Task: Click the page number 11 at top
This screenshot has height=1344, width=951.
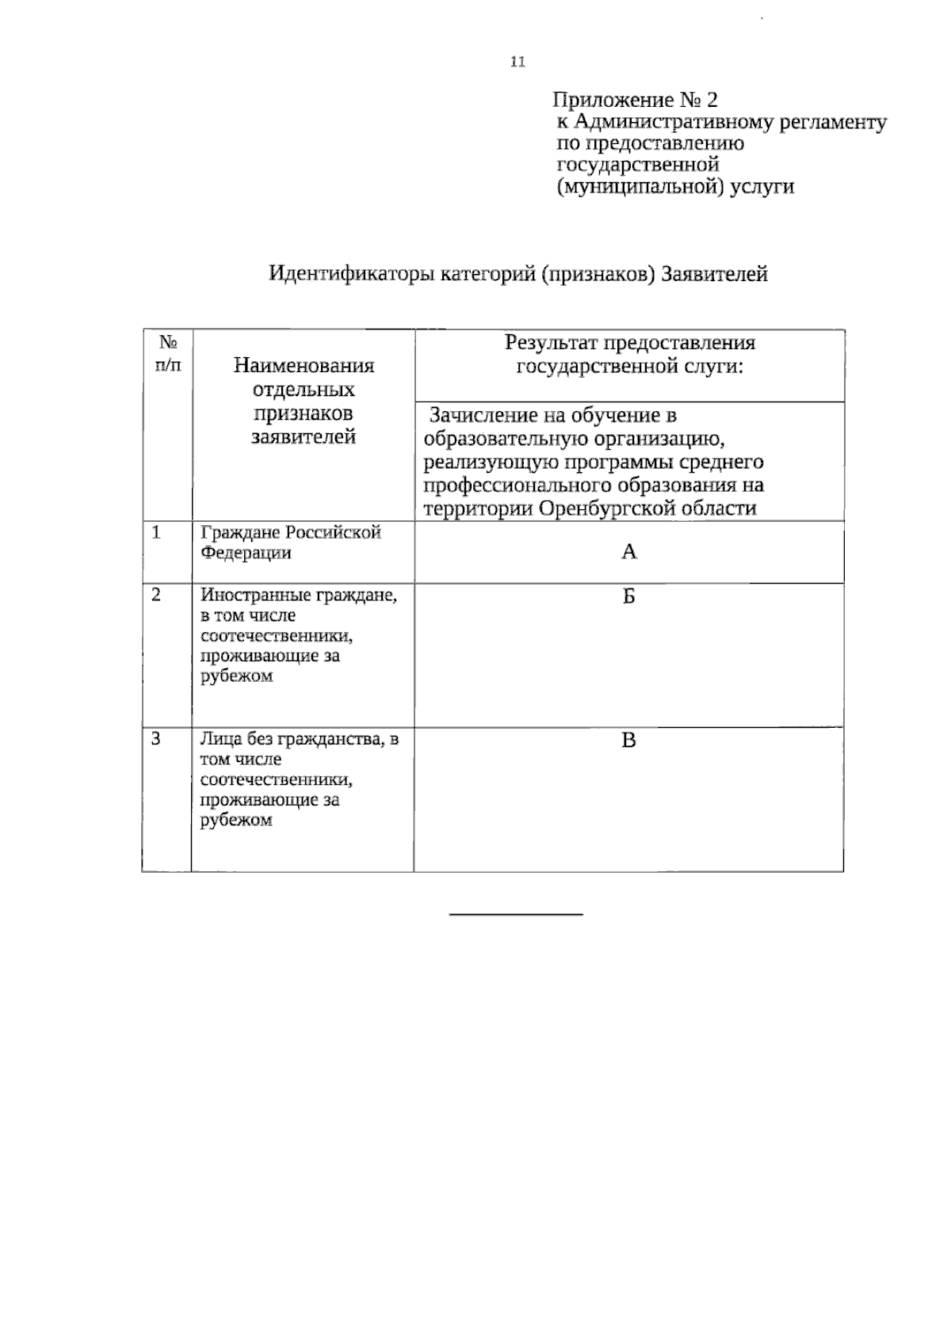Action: [x=518, y=62]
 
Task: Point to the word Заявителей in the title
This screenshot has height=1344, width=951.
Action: [x=714, y=274]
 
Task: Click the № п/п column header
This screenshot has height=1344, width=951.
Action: [x=168, y=353]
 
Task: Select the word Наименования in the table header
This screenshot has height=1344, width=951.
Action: [x=304, y=366]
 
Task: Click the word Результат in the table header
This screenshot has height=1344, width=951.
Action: [x=552, y=343]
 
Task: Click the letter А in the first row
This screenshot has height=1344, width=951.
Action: [x=628, y=552]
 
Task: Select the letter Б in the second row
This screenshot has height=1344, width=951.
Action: [x=628, y=596]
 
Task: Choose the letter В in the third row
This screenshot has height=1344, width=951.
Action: [x=628, y=741]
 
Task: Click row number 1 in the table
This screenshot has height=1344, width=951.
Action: [x=156, y=532]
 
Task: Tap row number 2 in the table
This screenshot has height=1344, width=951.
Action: [x=156, y=595]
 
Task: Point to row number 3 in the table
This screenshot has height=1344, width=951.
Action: [x=156, y=739]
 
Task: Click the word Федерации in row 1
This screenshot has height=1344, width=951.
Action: [x=246, y=553]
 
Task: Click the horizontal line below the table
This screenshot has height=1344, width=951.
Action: [x=516, y=915]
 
